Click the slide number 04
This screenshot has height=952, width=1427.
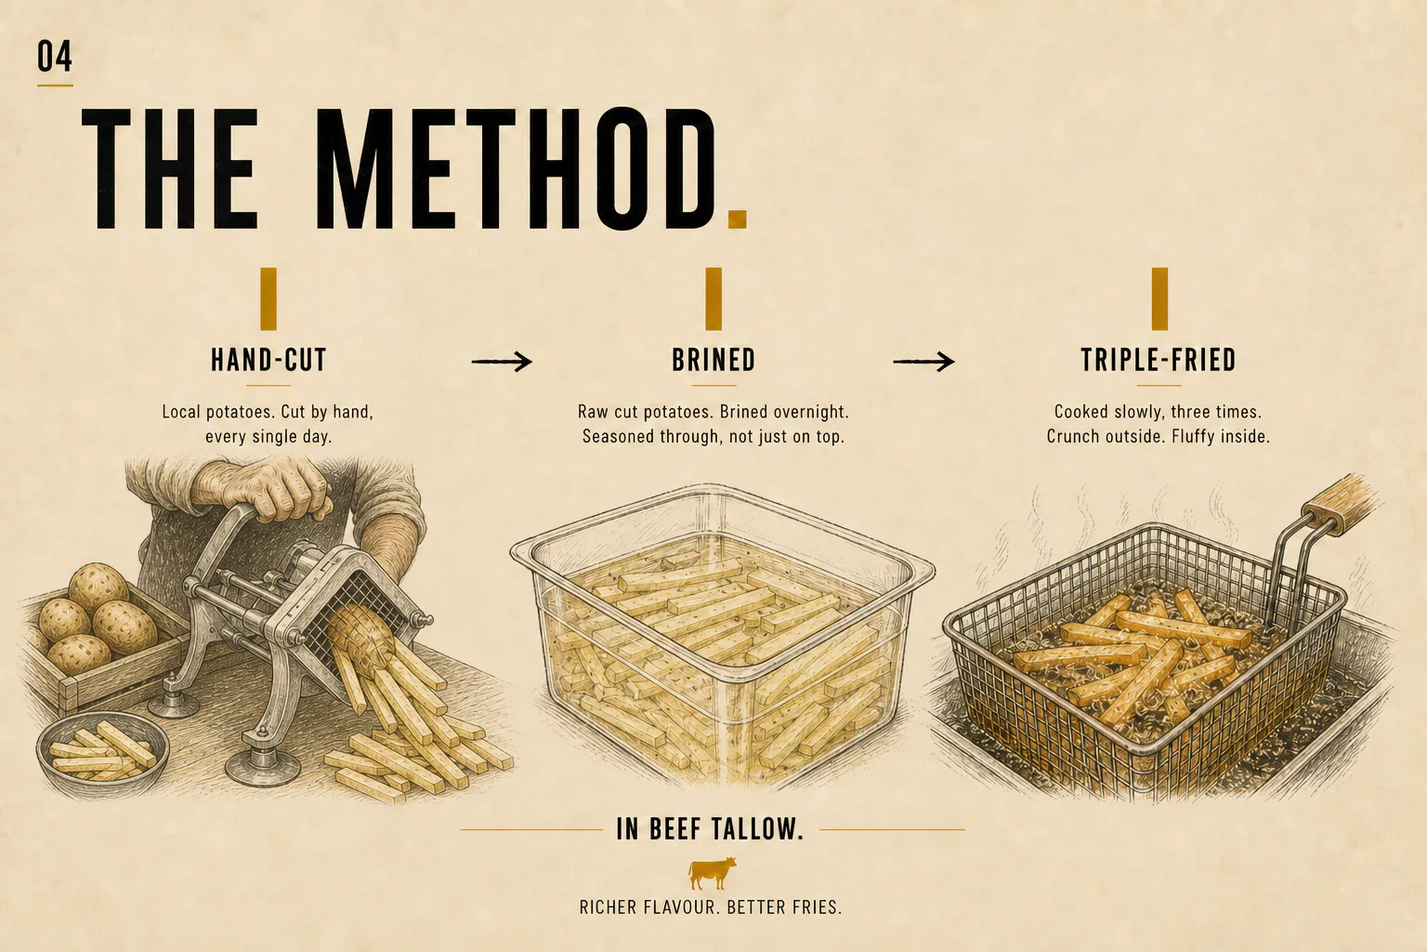pos(54,56)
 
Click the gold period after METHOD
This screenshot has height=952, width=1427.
pos(737,218)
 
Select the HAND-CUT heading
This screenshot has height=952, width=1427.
pos(268,360)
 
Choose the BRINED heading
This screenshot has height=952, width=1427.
pos(713,360)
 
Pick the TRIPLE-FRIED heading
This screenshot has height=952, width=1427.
pos(1159,360)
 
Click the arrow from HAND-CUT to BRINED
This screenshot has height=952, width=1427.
pos(502,362)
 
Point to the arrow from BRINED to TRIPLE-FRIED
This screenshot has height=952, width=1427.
pos(923,362)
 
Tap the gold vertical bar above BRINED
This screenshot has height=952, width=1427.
pos(713,298)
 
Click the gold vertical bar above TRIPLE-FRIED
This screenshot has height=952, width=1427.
pos(1159,298)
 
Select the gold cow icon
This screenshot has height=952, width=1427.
pos(713,873)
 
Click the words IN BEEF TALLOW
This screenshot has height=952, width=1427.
pos(710,829)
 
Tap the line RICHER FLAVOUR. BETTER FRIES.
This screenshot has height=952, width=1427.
pos(711,906)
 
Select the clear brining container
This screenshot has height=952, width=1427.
pos(722,638)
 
